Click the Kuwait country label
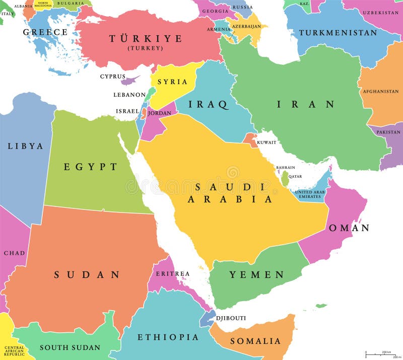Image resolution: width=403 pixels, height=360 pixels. pyautogui.click(x=266, y=142)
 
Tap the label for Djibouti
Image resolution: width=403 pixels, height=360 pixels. pyautogui.click(x=231, y=318)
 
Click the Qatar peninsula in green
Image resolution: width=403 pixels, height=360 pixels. pyautogui.click(x=285, y=178)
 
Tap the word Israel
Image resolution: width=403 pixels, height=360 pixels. pyautogui.click(x=127, y=111)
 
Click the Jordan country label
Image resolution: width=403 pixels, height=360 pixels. pyautogui.click(x=159, y=113)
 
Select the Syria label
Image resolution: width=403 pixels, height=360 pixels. pyautogui.click(x=172, y=82)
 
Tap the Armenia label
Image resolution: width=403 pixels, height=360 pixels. pyautogui.click(x=219, y=29)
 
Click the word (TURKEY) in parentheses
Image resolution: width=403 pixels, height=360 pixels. pyautogui.click(x=145, y=48)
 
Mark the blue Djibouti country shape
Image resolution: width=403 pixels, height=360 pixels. pyautogui.click(x=208, y=318)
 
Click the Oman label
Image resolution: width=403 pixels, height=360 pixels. pyautogui.click(x=349, y=228)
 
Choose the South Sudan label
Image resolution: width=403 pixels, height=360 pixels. pyautogui.click(x=70, y=347)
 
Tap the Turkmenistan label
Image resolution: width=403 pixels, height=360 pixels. pyautogui.click(x=338, y=33)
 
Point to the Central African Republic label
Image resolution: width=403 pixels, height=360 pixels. pyautogui.click(x=14, y=351)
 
